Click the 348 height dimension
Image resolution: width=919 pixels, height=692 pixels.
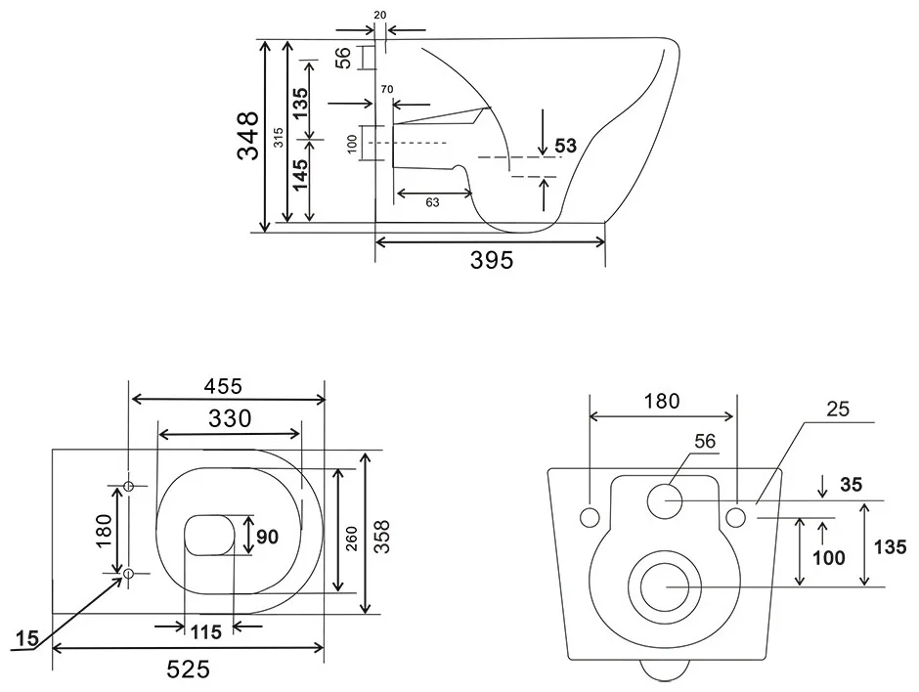248,135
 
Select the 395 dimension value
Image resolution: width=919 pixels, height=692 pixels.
492,260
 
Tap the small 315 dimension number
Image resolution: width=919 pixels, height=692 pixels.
279,138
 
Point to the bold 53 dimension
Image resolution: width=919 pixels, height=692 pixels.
566,146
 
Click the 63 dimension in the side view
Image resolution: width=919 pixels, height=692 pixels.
432,202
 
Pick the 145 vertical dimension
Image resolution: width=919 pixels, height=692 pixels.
300,175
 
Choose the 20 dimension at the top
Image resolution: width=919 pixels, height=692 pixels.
380,16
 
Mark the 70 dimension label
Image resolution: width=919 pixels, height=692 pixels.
387,90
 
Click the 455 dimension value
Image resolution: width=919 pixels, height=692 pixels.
223,386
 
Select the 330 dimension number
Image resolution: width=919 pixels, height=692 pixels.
230,418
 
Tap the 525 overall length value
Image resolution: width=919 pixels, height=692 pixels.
188,669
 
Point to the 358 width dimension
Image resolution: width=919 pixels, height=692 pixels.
382,536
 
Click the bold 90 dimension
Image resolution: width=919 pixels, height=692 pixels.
267,537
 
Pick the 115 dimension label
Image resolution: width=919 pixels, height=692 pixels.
205,632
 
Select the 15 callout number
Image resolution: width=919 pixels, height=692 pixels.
27,638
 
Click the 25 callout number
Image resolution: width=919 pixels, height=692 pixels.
838,409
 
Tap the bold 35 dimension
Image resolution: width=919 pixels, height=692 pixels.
851,485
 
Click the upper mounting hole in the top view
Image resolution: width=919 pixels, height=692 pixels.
129,486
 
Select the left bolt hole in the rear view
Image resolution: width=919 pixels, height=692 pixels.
589,517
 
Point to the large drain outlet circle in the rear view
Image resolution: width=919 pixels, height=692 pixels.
665,586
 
